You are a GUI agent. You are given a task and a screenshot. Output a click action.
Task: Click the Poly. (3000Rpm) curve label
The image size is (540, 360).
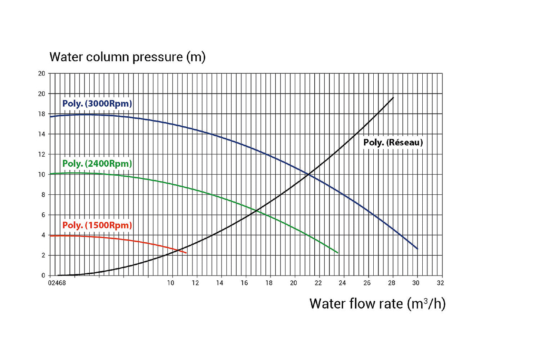(x=97, y=104)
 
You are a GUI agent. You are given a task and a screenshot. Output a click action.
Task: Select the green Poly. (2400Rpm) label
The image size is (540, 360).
(x=97, y=164)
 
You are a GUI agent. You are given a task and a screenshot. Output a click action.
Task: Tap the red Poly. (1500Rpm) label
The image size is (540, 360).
(x=97, y=225)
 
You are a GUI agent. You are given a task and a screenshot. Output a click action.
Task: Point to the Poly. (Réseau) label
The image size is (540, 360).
(x=393, y=142)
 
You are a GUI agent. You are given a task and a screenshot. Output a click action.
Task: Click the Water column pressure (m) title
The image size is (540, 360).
(x=127, y=57)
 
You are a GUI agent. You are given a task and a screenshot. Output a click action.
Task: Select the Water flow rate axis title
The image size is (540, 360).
(x=377, y=304)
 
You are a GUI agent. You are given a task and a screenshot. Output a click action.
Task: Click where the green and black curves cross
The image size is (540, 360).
(x=257, y=211)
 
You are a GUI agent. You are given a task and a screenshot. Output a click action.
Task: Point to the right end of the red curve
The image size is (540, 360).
(x=186, y=253)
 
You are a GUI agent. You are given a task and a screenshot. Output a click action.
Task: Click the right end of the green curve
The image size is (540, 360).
(x=338, y=253)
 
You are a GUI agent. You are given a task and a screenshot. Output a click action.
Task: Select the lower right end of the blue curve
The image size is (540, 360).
(x=417, y=249)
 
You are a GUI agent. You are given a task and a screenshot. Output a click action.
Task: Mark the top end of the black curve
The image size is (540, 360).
(x=393, y=98)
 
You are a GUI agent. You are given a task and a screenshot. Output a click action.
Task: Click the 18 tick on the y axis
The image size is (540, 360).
(x=41, y=114)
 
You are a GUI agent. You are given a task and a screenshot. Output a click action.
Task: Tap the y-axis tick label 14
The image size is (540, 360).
(x=41, y=134)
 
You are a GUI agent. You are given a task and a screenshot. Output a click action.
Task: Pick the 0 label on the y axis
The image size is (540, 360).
(x=43, y=276)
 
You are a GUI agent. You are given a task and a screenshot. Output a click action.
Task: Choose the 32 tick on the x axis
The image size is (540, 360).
(x=440, y=283)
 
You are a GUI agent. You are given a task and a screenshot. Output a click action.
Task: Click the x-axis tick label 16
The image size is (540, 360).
(x=244, y=283)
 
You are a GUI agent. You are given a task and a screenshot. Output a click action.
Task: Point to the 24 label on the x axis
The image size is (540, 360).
(x=342, y=283)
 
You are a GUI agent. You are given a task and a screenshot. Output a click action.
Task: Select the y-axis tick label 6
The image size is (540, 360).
(x=43, y=215)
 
